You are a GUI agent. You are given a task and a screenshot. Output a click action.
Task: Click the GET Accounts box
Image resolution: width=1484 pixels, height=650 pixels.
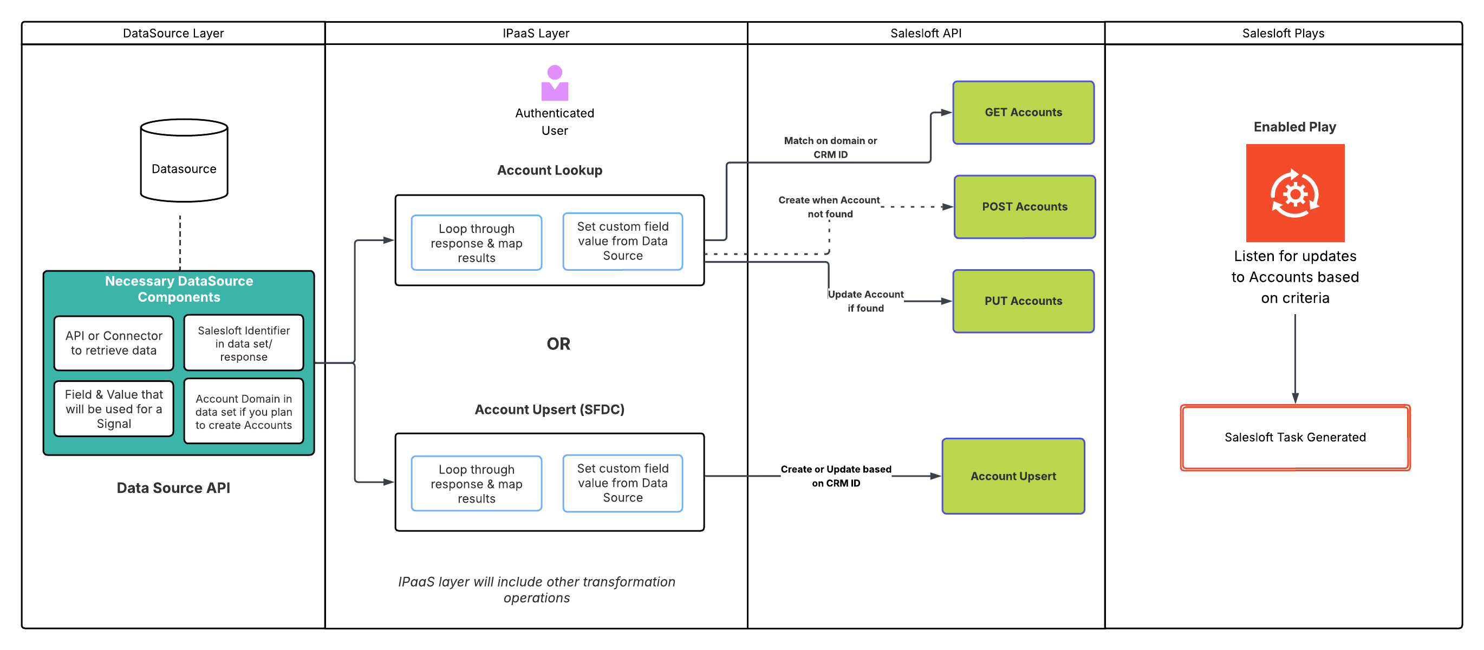[1023, 112]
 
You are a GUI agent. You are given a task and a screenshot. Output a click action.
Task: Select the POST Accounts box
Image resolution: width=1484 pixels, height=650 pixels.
[1024, 207]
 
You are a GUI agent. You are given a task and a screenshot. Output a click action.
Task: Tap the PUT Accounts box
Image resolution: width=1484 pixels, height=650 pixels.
[1023, 301]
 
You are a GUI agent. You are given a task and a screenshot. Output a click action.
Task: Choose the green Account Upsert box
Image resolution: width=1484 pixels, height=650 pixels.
[1013, 476]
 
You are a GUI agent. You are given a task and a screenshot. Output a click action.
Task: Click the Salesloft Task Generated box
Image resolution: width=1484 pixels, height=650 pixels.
[1294, 437]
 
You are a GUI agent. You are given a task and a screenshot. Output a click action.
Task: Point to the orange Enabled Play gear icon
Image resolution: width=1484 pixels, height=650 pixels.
[1294, 193]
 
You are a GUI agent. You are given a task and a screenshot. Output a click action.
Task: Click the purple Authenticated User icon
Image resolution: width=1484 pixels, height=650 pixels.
[554, 83]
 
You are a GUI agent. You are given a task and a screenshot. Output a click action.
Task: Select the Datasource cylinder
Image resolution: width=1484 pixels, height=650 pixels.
[184, 161]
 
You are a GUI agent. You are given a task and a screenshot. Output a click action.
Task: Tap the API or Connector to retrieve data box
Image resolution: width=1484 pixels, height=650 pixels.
[114, 343]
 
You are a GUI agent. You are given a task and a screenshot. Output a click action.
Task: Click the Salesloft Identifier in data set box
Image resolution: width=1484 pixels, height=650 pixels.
[243, 343]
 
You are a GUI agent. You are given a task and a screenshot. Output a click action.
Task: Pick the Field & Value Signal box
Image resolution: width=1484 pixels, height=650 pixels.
[114, 408]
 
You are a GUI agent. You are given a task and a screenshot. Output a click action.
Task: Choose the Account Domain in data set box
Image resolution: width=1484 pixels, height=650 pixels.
[243, 412]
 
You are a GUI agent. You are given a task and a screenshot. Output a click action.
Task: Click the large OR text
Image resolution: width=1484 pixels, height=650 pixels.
[558, 344]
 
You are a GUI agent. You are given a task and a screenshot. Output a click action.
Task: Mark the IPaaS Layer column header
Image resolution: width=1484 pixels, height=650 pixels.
[536, 34]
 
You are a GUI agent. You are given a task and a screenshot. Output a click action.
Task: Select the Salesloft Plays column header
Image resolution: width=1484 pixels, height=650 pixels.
[1283, 34]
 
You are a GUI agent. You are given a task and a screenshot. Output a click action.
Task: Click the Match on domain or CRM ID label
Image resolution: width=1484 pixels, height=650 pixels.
[830, 147]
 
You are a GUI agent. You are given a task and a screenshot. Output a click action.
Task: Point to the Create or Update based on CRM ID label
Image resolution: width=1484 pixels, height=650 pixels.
[835, 476]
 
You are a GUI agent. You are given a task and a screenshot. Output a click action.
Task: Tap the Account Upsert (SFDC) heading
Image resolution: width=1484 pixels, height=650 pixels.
[549, 409]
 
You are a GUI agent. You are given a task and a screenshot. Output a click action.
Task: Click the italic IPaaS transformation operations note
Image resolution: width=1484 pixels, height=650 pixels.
[536, 589]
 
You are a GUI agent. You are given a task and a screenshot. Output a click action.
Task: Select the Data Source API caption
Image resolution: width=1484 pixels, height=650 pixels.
[173, 488]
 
